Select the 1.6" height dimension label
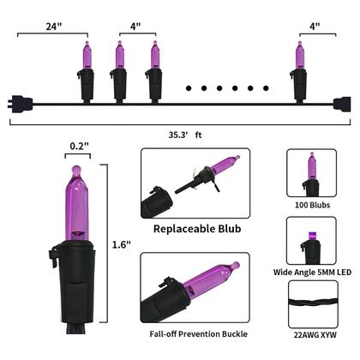tap(121, 245)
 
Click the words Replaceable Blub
tap(195, 230)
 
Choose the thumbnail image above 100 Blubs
tap(311, 175)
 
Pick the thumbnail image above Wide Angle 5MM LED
tap(311, 242)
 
